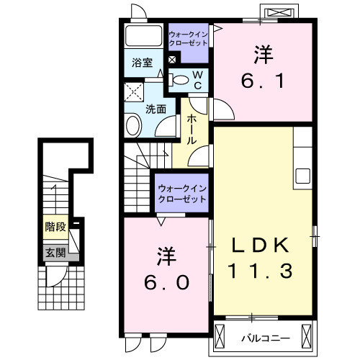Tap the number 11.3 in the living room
(261, 271)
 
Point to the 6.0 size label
(165, 281)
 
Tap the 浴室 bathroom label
(141, 63)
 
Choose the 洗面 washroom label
(156, 109)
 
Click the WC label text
(198, 80)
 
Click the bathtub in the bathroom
(144, 36)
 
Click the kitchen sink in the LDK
(302, 176)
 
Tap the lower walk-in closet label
(182, 193)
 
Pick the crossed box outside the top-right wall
(280, 14)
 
